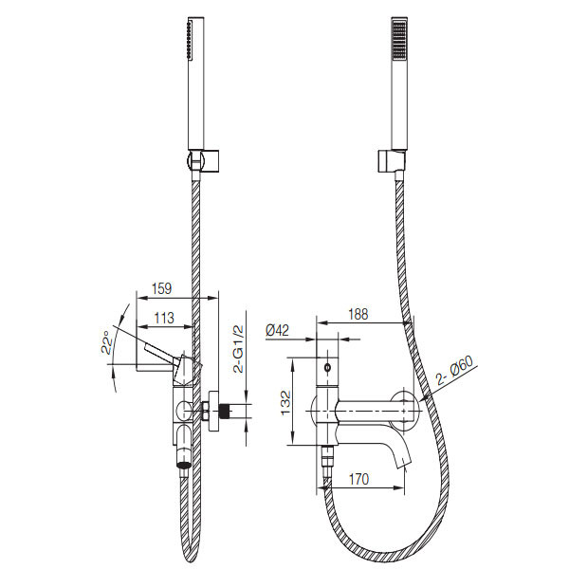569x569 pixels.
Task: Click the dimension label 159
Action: click(161, 289)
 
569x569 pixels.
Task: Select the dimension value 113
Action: click(164, 319)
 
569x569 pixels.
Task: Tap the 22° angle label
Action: click(106, 342)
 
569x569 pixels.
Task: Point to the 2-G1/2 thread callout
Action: click(239, 349)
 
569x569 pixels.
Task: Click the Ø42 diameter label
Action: click(278, 330)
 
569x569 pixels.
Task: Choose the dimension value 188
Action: click(358, 314)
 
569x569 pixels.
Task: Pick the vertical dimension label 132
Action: click(286, 402)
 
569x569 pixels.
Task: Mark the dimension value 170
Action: click(358, 479)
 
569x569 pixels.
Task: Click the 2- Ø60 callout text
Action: click(455, 371)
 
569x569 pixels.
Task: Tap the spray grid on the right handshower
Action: click(398, 39)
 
